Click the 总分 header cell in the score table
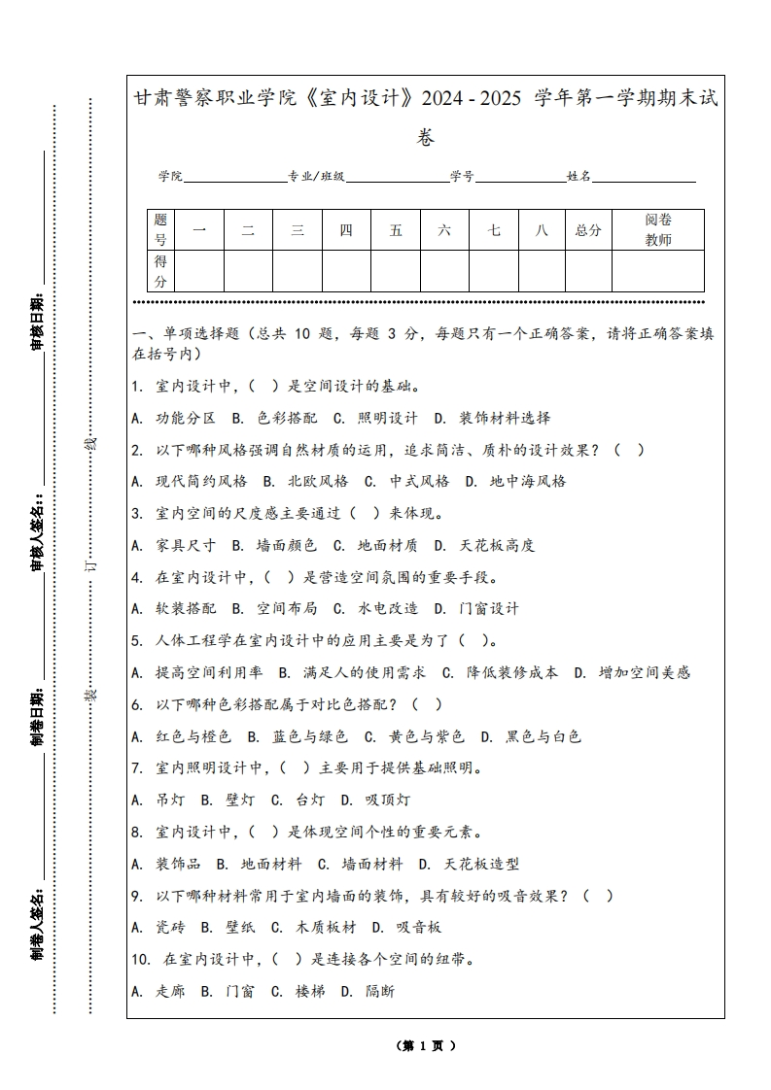point(588,230)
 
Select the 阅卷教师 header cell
point(658,230)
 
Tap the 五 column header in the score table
point(396,230)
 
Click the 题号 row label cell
point(160,230)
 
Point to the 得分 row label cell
point(160,271)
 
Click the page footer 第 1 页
point(425,1045)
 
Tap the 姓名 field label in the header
point(578,177)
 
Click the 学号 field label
point(462,177)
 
